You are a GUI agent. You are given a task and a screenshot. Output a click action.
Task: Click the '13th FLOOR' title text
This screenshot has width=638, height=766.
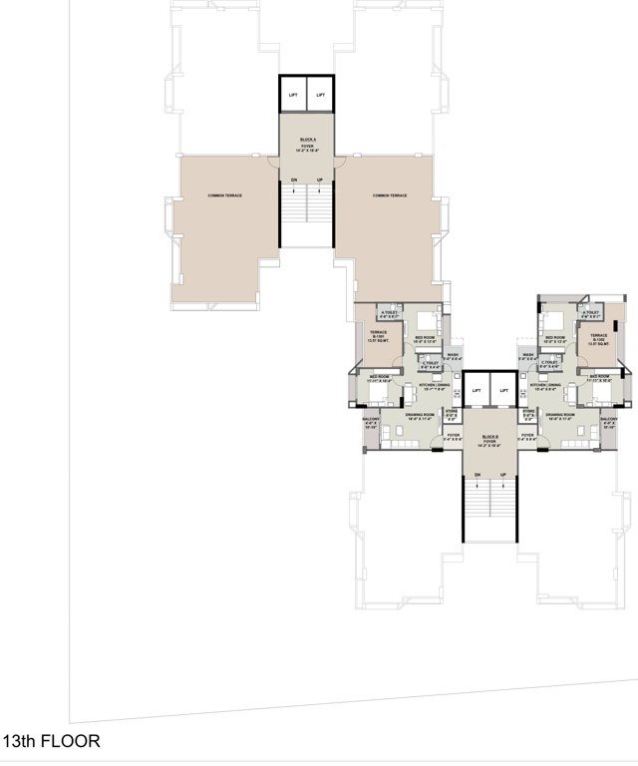(51, 742)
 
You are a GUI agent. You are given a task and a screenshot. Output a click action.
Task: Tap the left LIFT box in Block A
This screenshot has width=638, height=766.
(293, 95)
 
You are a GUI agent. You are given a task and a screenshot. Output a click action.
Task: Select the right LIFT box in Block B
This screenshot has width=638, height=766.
(504, 390)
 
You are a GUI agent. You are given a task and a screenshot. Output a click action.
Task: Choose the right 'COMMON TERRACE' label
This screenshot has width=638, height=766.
(389, 195)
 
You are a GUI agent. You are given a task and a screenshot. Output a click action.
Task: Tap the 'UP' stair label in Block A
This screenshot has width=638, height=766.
(319, 180)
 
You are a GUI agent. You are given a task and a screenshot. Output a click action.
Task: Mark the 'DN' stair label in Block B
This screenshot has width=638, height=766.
(477, 474)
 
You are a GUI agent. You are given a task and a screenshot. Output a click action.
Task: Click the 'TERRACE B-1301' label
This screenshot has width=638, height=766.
(378, 336)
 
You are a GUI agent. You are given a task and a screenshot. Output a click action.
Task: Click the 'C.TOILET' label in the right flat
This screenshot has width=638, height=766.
(549, 362)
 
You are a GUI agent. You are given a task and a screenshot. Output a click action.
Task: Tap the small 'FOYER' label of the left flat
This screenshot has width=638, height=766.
(453, 436)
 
